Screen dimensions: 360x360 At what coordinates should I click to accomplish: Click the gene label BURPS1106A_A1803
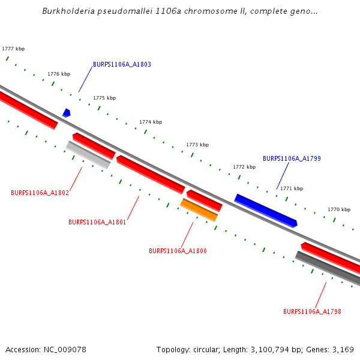122,64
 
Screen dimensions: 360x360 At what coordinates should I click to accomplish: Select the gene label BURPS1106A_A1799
292,159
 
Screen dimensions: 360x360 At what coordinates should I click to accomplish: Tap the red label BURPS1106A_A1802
40,193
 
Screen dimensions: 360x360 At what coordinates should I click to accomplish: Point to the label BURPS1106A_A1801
97,222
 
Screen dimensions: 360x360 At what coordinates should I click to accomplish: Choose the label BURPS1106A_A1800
178,251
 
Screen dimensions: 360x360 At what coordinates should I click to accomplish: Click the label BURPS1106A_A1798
312,311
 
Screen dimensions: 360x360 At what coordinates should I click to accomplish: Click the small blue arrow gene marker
67,113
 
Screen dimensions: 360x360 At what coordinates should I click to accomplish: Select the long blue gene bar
266,211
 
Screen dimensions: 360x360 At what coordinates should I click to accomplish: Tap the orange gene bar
199,210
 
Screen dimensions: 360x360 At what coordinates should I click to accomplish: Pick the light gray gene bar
88,155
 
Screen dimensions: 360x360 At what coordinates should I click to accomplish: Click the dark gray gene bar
328,268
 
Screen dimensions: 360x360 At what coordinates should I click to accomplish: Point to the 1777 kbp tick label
13,49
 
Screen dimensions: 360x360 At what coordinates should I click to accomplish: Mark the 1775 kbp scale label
104,98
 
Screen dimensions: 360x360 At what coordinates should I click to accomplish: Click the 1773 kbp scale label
197,145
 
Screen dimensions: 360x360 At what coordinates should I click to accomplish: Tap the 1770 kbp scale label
338,210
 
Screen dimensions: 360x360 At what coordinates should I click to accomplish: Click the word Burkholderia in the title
70,11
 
